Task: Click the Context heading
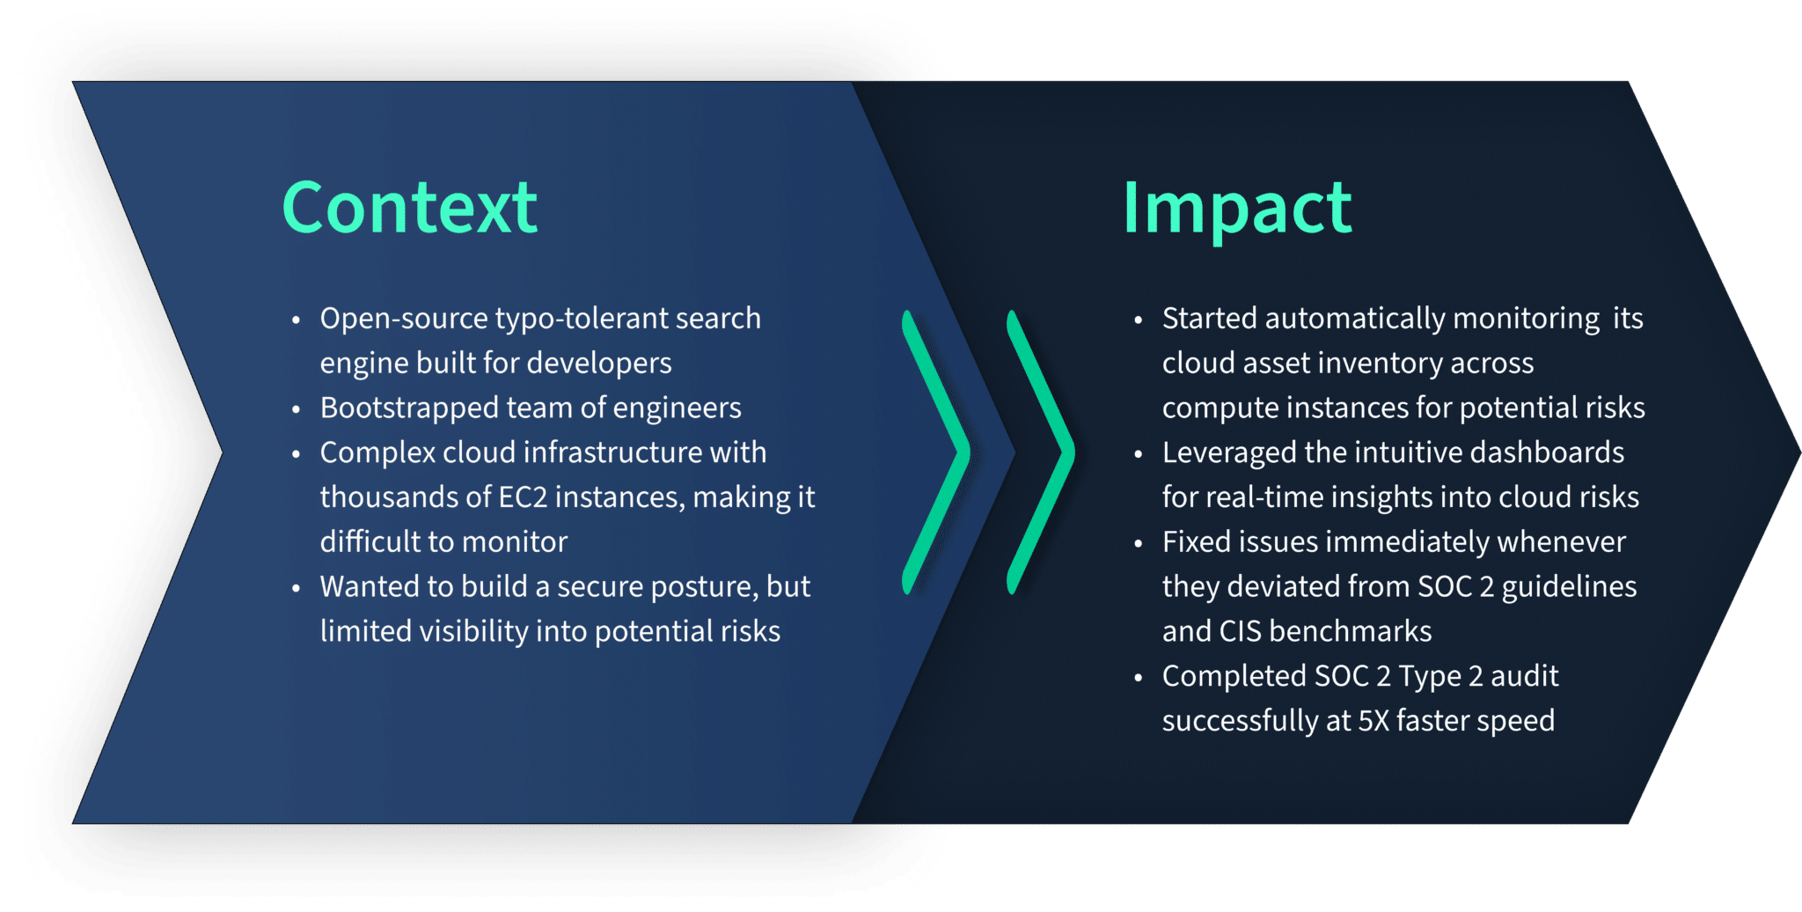click(409, 208)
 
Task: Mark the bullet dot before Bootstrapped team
click(297, 409)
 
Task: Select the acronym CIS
click(1240, 631)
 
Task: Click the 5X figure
click(1373, 721)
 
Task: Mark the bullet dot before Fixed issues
click(1139, 543)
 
